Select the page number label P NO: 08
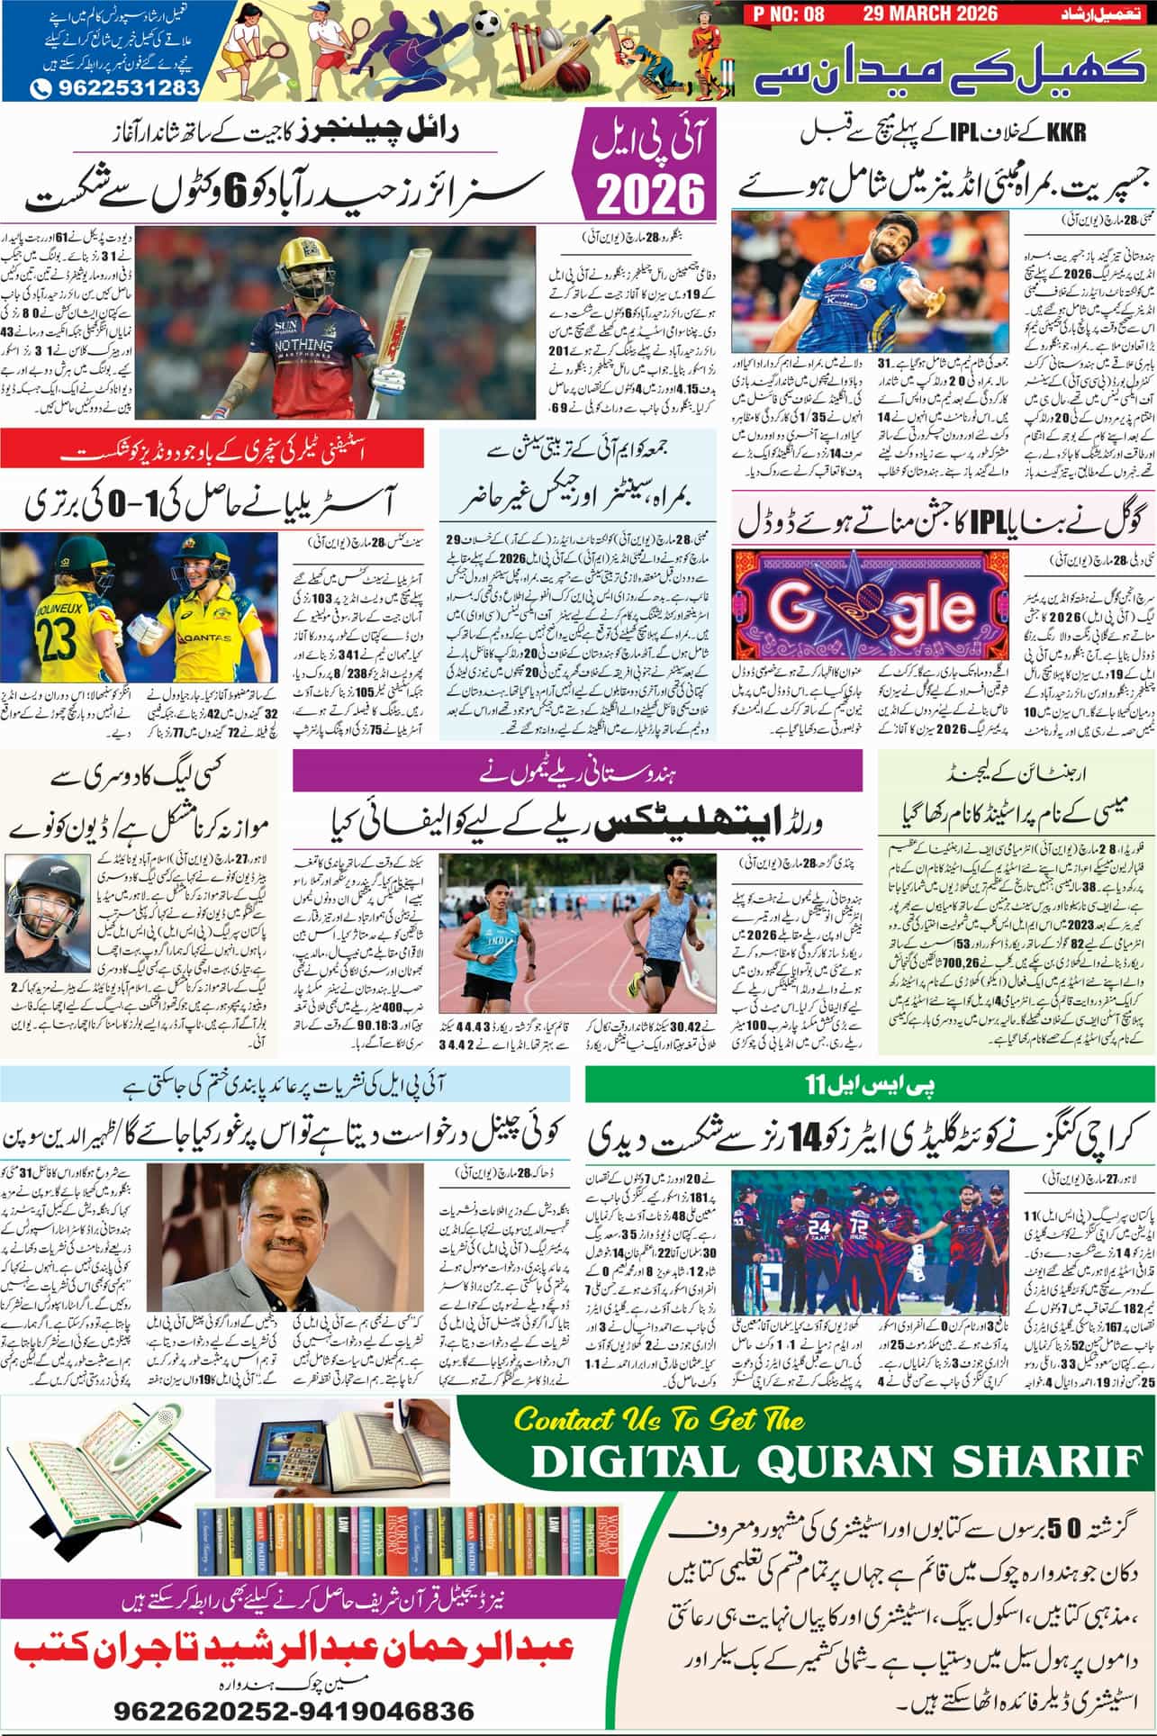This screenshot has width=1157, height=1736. click(x=783, y=14)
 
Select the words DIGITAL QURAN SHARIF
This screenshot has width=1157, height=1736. click(x=833, y=1463)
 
